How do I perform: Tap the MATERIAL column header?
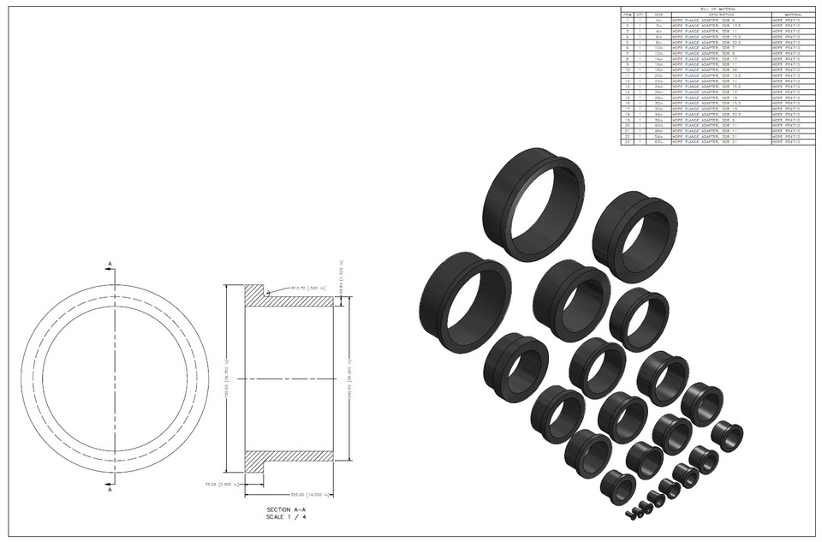point(789,15)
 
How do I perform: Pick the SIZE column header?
point(658,15)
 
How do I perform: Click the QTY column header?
point(639,15)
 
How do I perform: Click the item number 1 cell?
point(627,21)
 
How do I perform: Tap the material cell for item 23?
point(789,142)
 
